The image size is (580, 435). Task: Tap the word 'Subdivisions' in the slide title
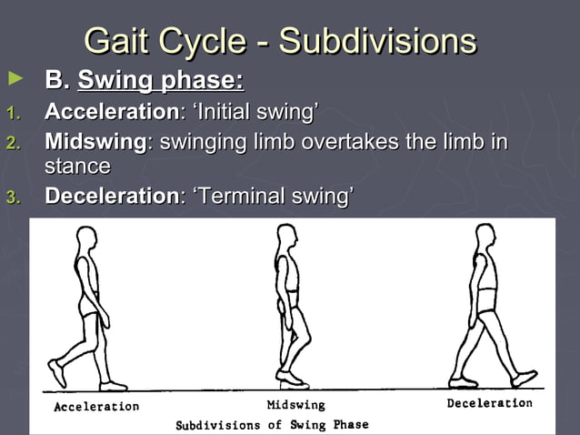point(377,42)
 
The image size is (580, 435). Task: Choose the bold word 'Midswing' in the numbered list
point(95,143)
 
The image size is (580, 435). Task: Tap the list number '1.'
point(12,115)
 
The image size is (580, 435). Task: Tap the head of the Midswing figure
point(285,238)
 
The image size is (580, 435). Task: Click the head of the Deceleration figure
point(484,238)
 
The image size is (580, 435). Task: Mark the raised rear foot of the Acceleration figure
point(57,372)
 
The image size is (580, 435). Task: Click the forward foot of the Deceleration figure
point(525,377)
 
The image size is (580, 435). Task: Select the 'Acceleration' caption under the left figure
point(96,407)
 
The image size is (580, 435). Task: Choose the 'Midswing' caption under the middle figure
point(295,405)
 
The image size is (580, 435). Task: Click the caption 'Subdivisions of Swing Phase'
point(272,425)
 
